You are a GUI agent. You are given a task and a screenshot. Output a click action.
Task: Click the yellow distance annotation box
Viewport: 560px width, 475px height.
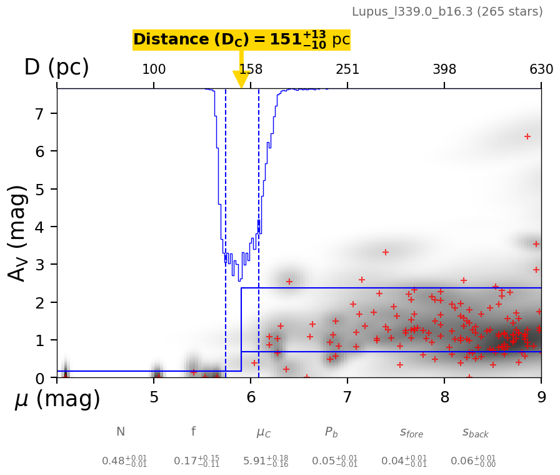tap(241, 40)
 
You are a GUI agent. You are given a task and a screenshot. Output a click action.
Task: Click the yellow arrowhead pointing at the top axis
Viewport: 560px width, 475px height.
tap(241, 79)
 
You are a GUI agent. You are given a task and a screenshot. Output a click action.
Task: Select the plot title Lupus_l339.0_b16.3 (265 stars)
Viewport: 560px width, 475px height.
tap(447, 12)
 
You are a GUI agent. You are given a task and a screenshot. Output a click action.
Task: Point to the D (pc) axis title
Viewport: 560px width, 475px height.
tap(56, 68)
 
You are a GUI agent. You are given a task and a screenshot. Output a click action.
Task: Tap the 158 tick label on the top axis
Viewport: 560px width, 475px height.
tap(251, 69)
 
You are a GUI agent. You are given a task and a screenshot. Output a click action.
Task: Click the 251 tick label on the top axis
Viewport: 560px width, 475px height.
tap(347, 69)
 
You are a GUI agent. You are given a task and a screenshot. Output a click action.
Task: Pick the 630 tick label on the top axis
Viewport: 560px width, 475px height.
tap(541, 69)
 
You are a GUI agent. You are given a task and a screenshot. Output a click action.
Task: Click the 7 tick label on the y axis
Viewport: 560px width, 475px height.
tap(37, 114)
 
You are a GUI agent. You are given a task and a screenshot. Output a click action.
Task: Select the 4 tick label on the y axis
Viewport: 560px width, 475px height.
tap(37, 227)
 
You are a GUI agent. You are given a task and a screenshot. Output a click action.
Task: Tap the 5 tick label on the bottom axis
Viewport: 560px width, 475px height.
tap(154, 398)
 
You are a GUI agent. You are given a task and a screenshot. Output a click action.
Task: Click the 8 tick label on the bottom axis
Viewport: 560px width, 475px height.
tap(444, 398)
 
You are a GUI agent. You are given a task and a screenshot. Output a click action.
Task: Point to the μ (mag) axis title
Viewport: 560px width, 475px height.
tap(57, 399)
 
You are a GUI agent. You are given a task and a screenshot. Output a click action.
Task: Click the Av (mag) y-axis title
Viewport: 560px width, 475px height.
tap(18, 233)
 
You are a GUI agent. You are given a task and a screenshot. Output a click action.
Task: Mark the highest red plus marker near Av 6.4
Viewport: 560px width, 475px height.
tap(527, 136)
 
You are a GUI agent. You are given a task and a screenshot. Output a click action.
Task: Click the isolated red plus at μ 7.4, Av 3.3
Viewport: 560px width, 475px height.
tap(386, 252)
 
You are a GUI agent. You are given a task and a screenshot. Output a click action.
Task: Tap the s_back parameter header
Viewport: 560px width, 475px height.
tap(475, 432)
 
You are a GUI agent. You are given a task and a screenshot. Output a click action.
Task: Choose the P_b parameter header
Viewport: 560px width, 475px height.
tap(332, 432)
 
